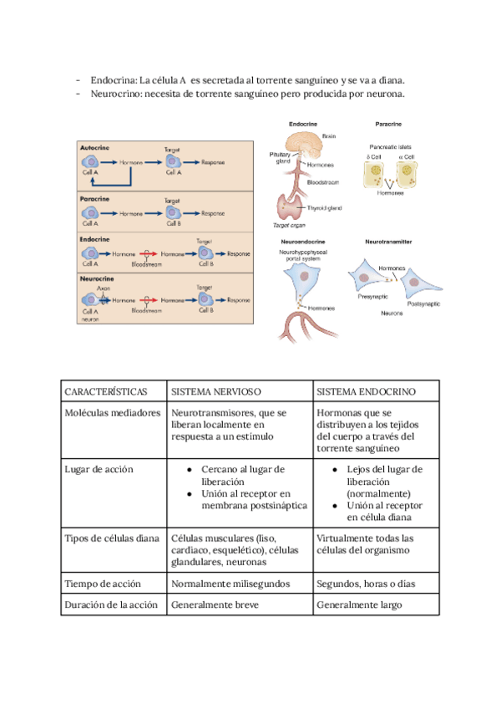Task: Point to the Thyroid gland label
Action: [x=325, y=207]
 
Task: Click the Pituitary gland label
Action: [x=280, y=157]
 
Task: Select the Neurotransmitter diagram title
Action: [x=393, y=242]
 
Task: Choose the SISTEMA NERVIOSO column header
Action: [x=216, y=391]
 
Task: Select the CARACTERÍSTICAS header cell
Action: [x=106, y=391]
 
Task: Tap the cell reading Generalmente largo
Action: [x=359, y=604]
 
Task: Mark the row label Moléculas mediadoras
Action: [x=111, y=413]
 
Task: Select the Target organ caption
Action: [x=290, y=225]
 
